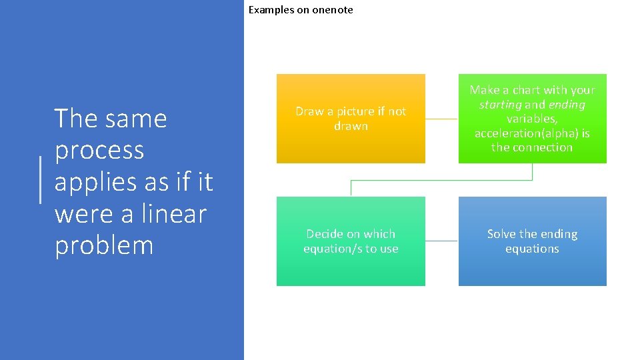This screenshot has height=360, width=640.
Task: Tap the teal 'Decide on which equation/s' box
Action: (x=351, y=267)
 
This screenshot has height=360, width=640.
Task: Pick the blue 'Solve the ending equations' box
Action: (x=532, y=267)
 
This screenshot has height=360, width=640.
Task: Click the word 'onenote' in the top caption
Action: (x=332, y=10)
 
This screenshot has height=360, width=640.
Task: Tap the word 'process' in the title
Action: (x=99, y=151)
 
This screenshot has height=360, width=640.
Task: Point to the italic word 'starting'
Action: (x=500, y=105)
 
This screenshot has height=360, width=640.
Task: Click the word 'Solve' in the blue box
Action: (x=501, y=234)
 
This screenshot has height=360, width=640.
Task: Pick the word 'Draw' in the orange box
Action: (x=309, y=111)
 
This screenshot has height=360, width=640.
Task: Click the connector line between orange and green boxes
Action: (x=441, y=119)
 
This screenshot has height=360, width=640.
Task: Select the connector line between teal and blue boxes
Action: (x=441, y=241)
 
